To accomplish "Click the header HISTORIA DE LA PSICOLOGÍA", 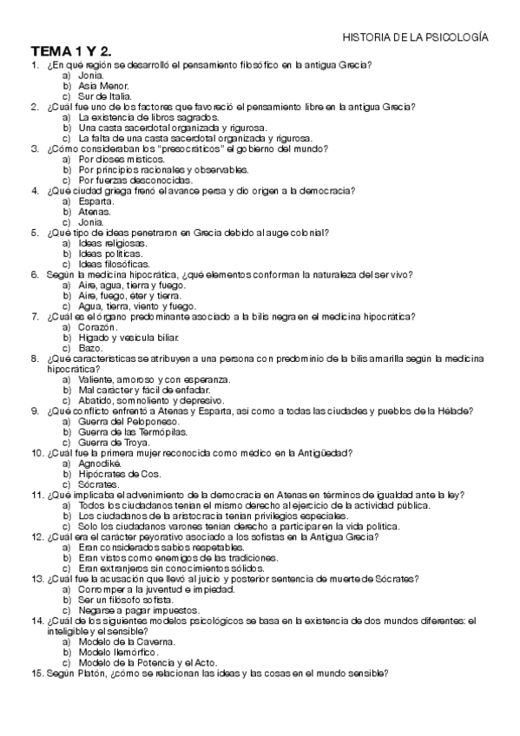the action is coord(416,38).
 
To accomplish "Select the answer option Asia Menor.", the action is coord(102,86).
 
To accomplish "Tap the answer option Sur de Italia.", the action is coord(104,96).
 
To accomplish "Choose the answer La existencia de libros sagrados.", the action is coord(148,117).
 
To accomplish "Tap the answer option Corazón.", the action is coord(97,327).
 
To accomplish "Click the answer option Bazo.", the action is coord(91,348).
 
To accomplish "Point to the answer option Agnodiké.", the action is coord(101,463).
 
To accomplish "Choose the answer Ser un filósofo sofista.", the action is coord(128,600).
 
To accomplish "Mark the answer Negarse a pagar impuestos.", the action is coord(134,610).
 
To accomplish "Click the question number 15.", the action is coord(36,674).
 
